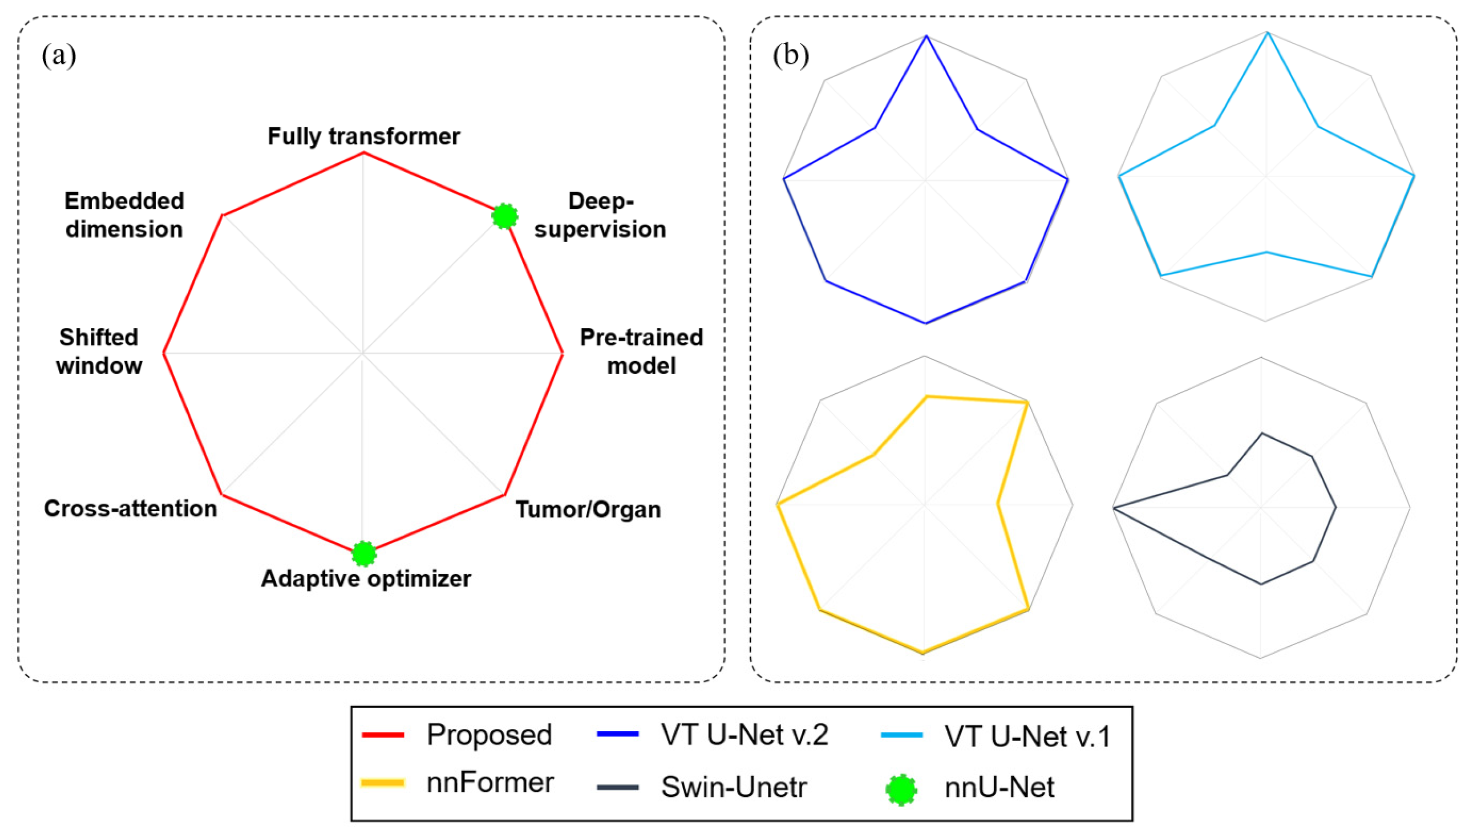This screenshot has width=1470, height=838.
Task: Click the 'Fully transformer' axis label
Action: tap(363, 136)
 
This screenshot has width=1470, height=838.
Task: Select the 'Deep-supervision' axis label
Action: tap(600, 215)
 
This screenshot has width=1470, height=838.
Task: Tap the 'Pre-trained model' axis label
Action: tap(641, 351)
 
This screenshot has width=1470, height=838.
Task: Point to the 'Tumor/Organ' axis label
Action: tap(587, 509)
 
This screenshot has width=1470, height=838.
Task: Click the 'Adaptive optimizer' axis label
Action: tap(366, 578)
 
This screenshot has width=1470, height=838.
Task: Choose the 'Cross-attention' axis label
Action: tap(130, 508)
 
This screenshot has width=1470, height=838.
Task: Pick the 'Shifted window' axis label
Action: tap(99, 351)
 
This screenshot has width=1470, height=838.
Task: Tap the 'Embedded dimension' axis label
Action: tap(124, 215)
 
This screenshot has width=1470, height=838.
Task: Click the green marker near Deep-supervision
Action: tap(504, 216)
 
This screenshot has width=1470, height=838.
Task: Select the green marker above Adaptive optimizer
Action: tap(363, 553)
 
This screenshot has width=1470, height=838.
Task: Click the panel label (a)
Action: tap(59, 56)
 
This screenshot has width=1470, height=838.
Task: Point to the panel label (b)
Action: tap(791, 56)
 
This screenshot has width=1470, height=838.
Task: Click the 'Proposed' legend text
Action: tap(489, 735)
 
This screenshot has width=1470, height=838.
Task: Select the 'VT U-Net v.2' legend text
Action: tap(744, 735)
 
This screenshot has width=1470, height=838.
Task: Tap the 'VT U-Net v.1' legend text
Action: tap(1027, 736)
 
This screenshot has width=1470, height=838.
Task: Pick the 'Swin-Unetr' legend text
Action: tap(734, 787)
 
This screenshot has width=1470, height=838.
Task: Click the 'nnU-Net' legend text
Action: tap(999, 787)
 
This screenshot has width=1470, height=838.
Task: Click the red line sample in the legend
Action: tap(383, 735)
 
